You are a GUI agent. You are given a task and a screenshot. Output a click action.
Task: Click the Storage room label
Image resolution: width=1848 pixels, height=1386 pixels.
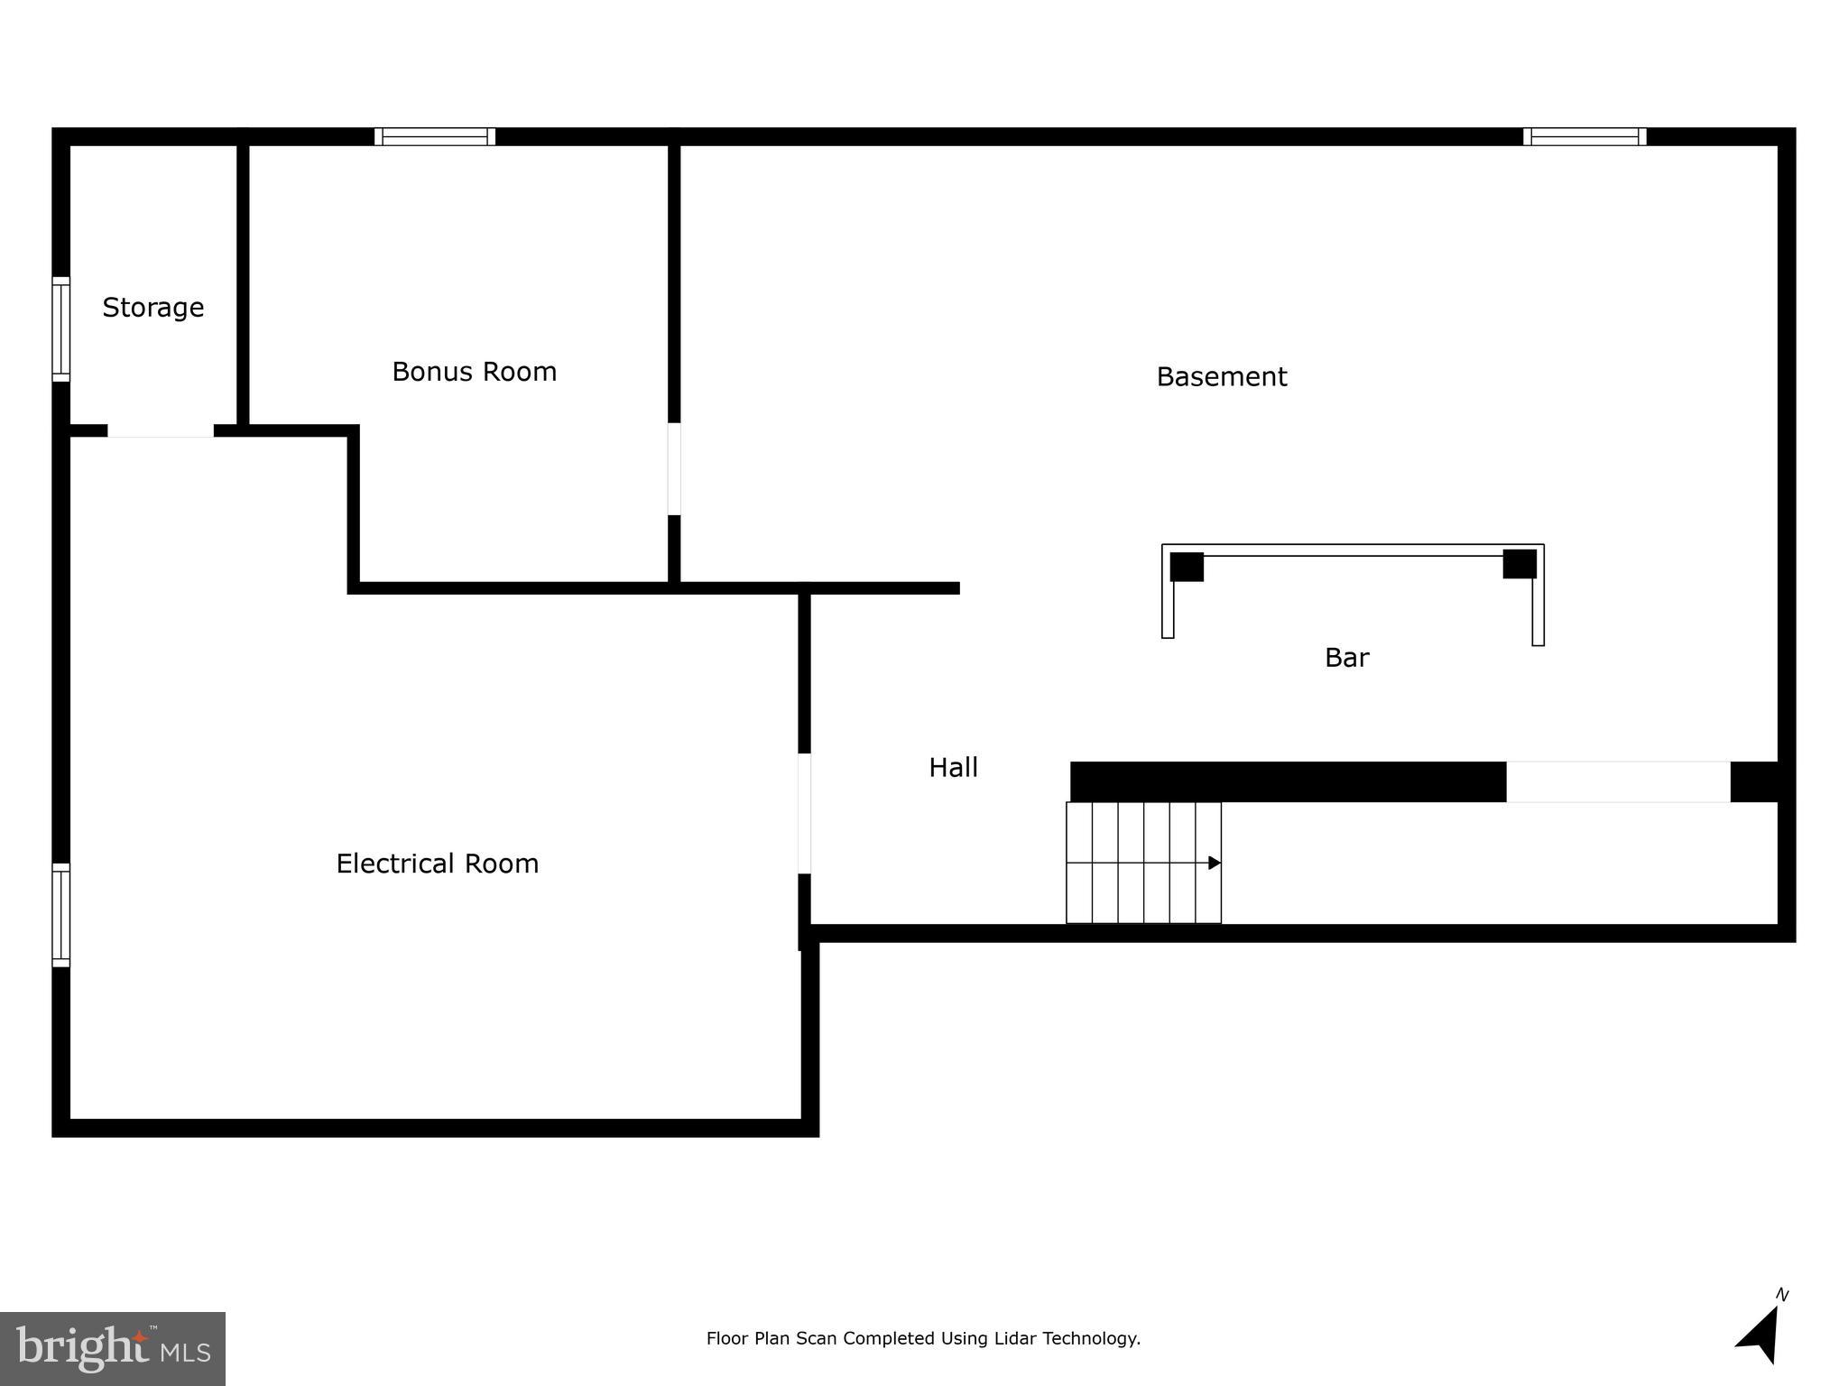153,308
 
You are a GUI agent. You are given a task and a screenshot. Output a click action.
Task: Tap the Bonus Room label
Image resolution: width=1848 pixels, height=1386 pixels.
474,372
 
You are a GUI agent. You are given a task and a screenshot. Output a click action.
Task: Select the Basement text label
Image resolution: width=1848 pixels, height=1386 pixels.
1221,376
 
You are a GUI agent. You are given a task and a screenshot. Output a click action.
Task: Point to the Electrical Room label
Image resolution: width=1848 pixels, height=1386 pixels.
437,864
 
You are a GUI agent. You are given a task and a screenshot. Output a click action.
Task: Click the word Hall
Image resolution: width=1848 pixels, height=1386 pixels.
953,767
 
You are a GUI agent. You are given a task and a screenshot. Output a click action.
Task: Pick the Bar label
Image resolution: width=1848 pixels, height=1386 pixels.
1346,658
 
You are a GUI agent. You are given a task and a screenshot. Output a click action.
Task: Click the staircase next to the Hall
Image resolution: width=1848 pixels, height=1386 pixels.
1143,863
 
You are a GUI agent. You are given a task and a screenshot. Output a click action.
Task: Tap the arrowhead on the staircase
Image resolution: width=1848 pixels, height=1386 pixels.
1215,863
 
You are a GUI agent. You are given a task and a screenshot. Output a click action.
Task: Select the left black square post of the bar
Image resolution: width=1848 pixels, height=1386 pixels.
1187,567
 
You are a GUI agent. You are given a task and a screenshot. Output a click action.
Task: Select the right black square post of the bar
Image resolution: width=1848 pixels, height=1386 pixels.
1520,564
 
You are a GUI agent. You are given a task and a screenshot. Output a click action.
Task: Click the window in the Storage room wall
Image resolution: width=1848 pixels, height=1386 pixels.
60,328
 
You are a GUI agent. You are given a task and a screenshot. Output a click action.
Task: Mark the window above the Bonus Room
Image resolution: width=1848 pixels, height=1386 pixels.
435,136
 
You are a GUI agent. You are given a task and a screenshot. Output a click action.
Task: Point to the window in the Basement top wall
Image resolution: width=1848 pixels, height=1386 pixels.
1585,136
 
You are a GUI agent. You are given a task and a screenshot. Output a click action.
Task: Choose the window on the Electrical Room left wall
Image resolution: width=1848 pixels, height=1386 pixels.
60,914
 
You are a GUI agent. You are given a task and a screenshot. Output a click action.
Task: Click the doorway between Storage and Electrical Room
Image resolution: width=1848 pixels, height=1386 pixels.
161,430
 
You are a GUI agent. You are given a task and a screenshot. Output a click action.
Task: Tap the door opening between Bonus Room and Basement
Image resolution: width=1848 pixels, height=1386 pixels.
674,469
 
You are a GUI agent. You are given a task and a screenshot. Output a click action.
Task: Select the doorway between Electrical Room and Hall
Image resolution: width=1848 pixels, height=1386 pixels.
804,813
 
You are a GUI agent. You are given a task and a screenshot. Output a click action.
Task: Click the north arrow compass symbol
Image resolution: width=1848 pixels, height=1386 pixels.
1761,1334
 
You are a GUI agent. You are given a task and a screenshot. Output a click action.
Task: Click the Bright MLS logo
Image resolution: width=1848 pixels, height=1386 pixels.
113,1348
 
